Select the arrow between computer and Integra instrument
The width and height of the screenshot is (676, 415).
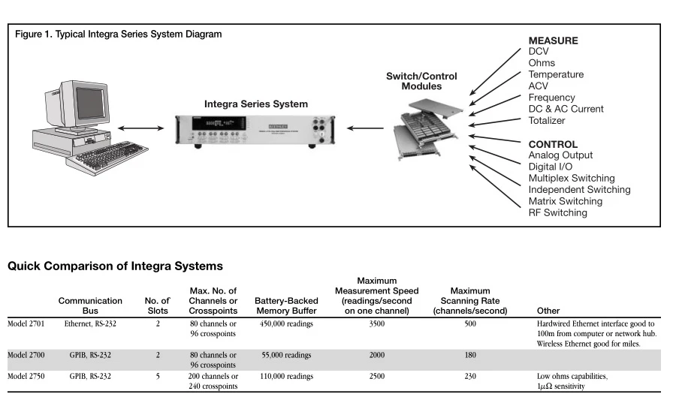140,128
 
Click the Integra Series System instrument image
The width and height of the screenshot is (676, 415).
255,129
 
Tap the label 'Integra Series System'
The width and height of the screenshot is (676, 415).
255,104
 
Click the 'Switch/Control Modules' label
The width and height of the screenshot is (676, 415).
421,81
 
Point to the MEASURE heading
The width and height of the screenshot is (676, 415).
553,41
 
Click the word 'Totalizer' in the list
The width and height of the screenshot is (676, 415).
546,121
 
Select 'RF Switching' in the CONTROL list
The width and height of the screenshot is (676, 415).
557,213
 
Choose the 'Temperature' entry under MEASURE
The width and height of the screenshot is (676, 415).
555,74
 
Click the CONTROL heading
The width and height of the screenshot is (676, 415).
553,144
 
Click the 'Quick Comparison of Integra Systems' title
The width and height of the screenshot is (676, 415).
115,266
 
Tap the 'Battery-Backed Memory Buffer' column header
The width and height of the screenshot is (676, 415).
286,305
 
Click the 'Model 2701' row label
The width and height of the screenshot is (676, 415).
26,324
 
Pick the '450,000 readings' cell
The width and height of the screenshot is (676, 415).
286,324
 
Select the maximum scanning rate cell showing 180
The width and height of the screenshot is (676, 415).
470,355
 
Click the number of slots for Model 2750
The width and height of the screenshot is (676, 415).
157,376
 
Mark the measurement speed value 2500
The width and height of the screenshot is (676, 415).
377,376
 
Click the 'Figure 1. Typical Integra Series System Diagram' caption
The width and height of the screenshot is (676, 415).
118,35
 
